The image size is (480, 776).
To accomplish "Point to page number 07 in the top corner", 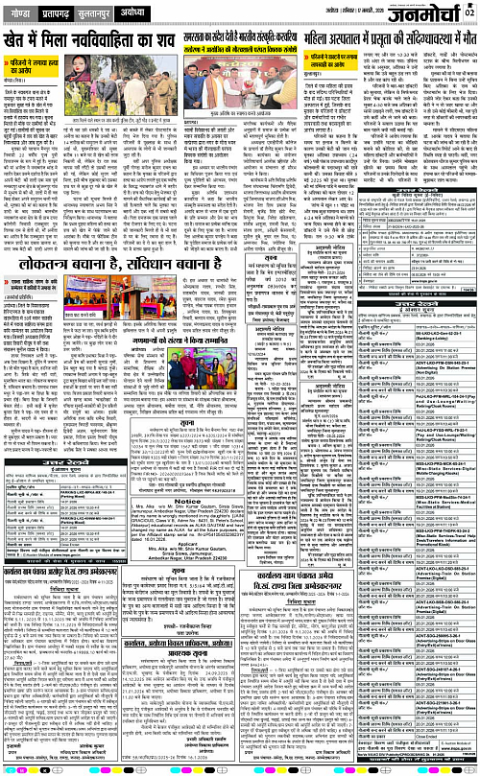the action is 471,9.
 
